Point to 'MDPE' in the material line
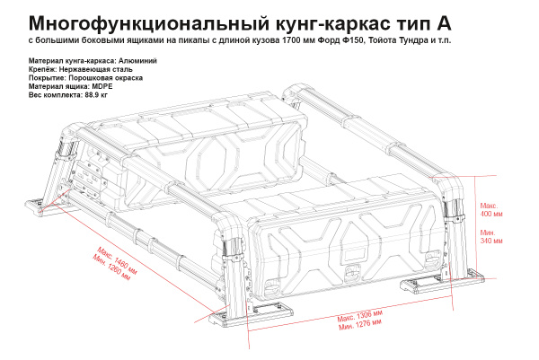click(x=99, y=86)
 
